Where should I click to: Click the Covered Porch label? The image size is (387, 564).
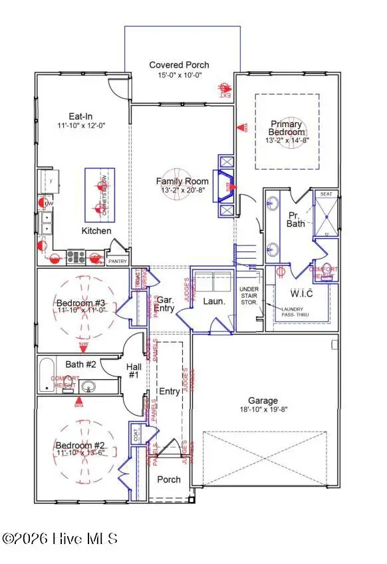pos(179,65)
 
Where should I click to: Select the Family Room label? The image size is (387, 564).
pos(182,181)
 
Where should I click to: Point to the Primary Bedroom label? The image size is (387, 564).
pos(286,128)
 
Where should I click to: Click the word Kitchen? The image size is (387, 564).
pos(96,231)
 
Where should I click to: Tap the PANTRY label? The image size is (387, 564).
pos(117,261)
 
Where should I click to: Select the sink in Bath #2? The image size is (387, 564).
pos(89,386)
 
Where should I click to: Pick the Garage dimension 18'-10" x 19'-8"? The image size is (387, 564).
pos(264,410)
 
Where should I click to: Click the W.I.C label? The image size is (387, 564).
pos(301,293)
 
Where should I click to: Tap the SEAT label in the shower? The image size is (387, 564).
pos(326,194)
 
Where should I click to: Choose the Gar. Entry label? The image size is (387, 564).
pos(166,304)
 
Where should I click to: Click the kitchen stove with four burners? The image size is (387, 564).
pos(75,256)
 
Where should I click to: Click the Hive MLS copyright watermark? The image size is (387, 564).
pos(60,539)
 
